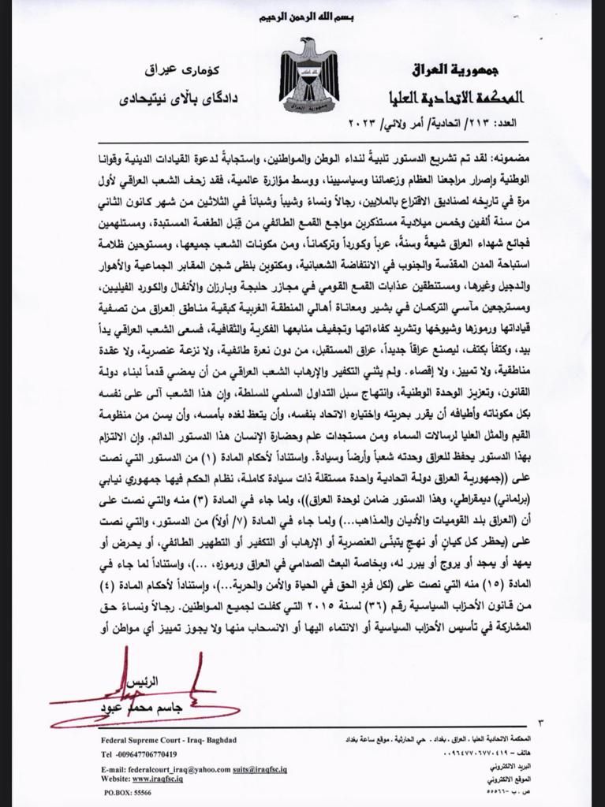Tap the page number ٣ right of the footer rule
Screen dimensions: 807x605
click(539, 723)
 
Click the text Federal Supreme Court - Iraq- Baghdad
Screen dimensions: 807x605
click(169, 740)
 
